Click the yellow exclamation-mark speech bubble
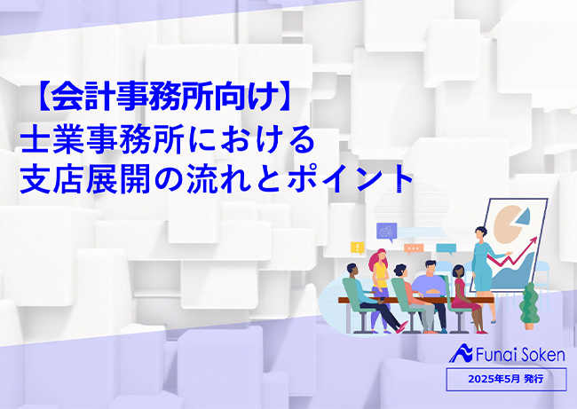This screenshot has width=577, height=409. click(x=358, y=248)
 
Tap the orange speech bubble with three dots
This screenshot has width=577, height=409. click(x=414, y=249)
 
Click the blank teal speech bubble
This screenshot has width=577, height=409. click(x=446, y=249)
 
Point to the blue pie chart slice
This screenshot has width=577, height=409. click(x=523, y=216)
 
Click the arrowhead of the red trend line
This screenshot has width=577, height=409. click(x=534, y=240)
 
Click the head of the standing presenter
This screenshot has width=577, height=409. click(x=480, y=233)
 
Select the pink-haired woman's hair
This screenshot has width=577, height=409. click(x=378, y=259)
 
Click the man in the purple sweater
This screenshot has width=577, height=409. click(x=430, y=291)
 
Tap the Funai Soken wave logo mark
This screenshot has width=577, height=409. click(x=462, y=353)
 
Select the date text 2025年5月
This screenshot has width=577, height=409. click(x=494, y=379)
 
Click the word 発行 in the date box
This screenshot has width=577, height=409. click(x=534, y=379)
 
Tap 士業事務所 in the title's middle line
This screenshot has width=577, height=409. click(x=102, y=140)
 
